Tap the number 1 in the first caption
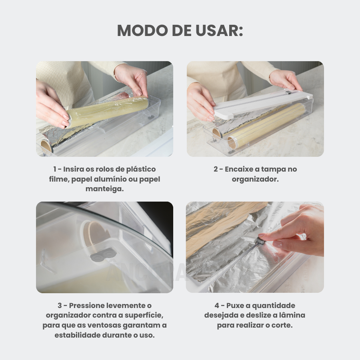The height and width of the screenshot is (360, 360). coord(55,169)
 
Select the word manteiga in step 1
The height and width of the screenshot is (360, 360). coord(104,189)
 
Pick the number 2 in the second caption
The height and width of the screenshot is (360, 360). coord(216,169)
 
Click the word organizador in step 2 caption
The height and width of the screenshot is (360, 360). coord(255,179)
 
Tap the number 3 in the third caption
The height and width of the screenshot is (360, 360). coord(60,306)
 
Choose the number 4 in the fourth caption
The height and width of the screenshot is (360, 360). coord(217,306)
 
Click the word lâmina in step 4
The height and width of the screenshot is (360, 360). coord(292,315)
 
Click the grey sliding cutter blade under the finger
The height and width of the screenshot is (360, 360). coord(260,241)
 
